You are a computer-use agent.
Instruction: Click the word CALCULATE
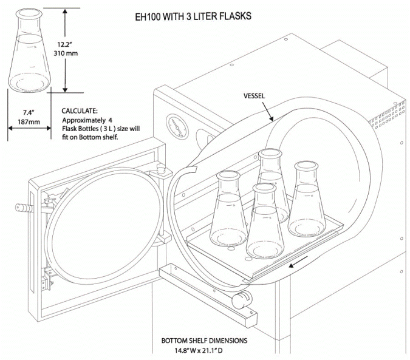(78, 111)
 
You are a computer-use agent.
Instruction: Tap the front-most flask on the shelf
(264, 224)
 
